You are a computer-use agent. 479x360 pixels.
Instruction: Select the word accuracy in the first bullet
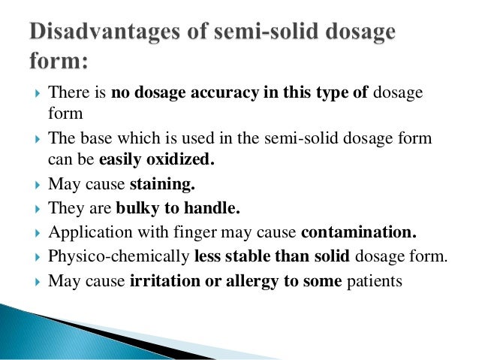230,93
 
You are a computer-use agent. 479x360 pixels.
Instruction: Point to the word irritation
162,280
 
